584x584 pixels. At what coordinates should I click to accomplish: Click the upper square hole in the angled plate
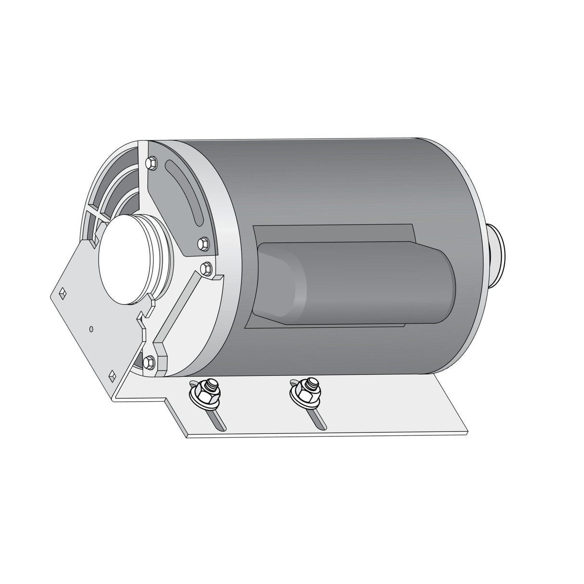tap(62, 292)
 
